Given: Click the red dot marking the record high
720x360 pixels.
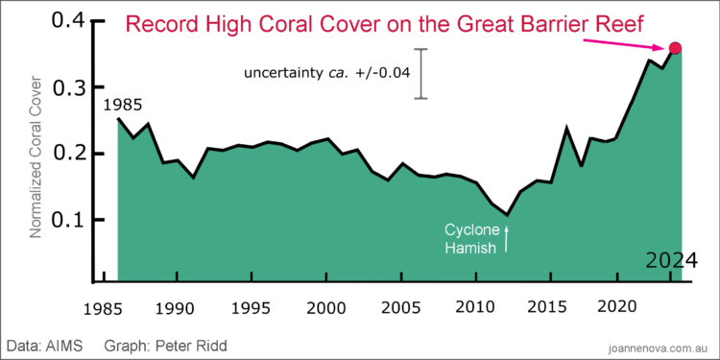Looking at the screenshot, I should (675, 49).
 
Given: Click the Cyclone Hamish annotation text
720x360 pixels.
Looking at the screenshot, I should (470, 239).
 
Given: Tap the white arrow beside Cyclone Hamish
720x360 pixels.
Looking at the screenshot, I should (506, 238).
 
